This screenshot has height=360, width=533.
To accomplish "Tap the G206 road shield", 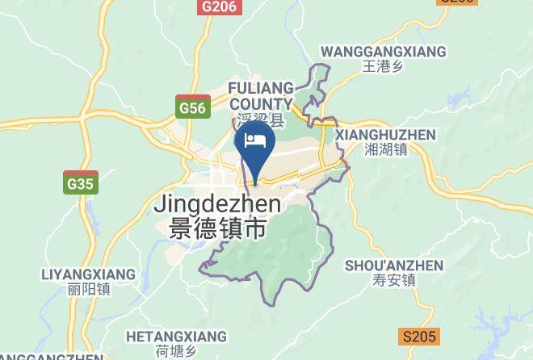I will pyautogui.click(x=220, y=6).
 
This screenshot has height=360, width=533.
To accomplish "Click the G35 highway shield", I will pyautogui.click(x=81, y=183).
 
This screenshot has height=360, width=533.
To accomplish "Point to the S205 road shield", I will pyautogui.click(x=418, y=337).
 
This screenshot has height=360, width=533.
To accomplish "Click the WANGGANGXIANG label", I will pyautogui.click(x=383, y=52).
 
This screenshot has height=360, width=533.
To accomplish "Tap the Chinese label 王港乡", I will pyautogui.click(x=383, y=67).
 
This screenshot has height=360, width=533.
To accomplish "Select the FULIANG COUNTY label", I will pyautogui.click(x=260, y=95).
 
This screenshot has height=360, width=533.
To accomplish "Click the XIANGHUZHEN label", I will pyautogui.click(x=385, y=135).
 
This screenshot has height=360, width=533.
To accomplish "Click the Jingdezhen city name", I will pyautogui.click(x=217, y=204).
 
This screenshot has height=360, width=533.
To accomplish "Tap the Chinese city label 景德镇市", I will pyautogui.click(x=217, y=228).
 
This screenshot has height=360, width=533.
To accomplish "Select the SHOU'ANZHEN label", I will pyautogui.click(x=394, y=266).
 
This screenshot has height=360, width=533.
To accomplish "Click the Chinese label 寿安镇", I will pyautogui.click(x=394, y=281).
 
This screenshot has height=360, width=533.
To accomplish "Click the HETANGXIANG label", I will pyautogui.click(x=177, y=336).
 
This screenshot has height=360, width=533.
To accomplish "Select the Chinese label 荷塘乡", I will pyautogui.click(x=177, y=351).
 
